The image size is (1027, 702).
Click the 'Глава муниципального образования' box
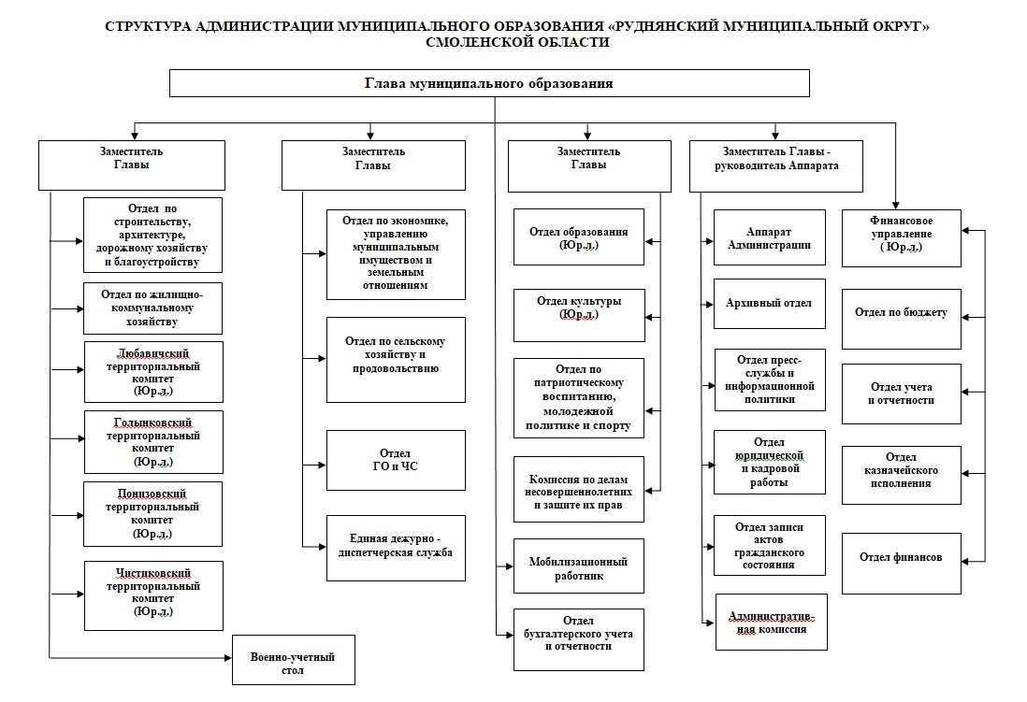(488, 83)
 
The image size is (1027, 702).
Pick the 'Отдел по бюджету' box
(901, 313)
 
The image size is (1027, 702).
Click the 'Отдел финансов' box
(901, 558)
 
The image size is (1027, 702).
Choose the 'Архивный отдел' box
(770, 304)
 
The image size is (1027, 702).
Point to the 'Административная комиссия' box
(772, 622)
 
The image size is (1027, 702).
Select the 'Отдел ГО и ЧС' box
(396, 461)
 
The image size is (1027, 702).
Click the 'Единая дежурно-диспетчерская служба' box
(396, 547)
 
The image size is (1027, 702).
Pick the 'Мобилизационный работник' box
(579, 567)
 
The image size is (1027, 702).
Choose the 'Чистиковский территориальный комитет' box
(153, 595)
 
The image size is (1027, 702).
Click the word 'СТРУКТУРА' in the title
(150, 27)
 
